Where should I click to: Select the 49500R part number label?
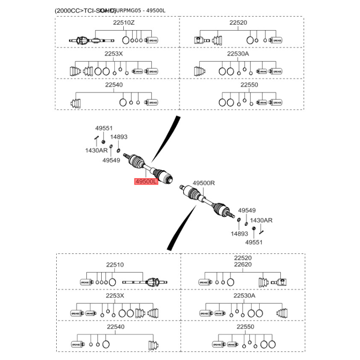[204, 183]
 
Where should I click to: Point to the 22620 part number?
[243, 265]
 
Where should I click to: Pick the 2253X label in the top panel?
[113, 54]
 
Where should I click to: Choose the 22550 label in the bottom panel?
[245, 327]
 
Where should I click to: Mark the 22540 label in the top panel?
[113, 85]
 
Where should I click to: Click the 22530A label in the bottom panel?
[244, 296]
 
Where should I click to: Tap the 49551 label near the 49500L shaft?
[105, 128]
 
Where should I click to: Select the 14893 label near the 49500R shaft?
[239, 234]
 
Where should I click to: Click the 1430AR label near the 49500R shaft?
[261, 220]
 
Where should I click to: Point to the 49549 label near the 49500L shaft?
[111, 160]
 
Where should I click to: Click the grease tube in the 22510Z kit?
[152, 40]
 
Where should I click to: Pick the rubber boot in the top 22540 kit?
[77, 103]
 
